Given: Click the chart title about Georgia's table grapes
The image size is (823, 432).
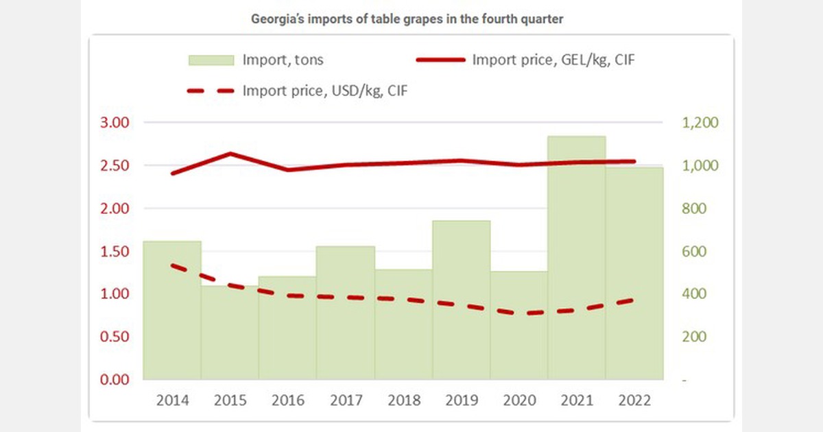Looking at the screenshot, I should coord(407,19).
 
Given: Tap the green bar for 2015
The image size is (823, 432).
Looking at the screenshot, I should coord(229,333).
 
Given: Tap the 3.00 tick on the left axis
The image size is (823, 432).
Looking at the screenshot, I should coord(115,123).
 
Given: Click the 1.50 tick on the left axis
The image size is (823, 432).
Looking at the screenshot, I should coord(115,251).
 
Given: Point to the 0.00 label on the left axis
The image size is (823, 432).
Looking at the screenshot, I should coord(115,379).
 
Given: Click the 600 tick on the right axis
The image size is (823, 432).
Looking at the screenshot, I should coord(693,251).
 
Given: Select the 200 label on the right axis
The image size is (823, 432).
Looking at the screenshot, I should coord(693,337).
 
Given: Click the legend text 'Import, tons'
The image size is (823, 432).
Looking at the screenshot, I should coord(283,60).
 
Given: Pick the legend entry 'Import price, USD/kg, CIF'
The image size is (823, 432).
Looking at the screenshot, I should coord(330,90).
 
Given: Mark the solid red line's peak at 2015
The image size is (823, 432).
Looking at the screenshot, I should coord(230,154).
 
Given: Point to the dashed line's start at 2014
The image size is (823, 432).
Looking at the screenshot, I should coord(172,265).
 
